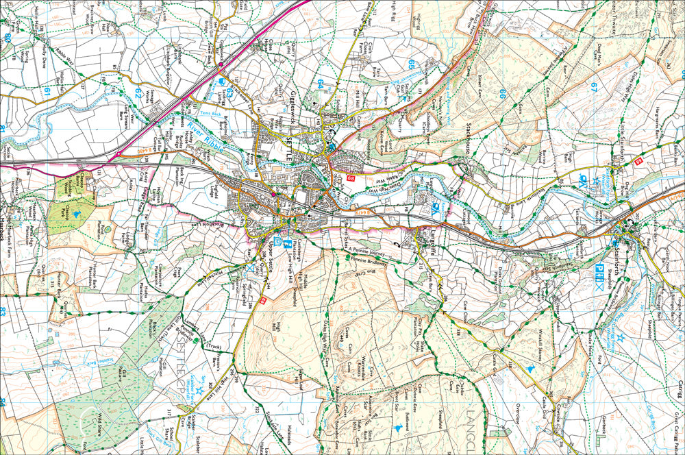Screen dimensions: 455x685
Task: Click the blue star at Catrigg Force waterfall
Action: point(621,337)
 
